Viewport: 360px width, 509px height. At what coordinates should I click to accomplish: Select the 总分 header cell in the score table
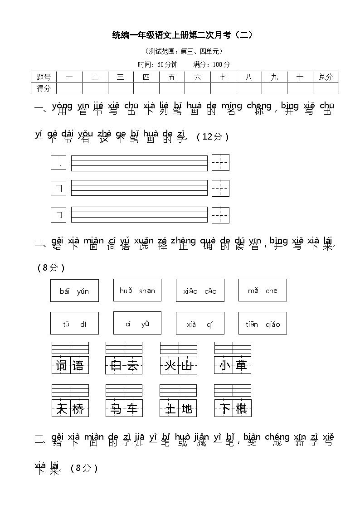[325, 77]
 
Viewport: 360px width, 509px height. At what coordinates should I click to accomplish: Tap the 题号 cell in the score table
[44, 77]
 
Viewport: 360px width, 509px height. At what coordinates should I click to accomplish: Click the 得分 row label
[44, 88]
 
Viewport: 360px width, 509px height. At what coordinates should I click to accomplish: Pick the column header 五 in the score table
[171, 77]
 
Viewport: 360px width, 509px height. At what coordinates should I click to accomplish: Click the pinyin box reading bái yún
[74, 291]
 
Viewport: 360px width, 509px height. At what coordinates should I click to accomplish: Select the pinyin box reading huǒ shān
[137, 290]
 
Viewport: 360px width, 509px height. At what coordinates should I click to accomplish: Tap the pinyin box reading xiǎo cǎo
[200, 291]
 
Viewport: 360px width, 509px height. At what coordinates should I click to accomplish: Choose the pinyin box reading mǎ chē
[263, 290]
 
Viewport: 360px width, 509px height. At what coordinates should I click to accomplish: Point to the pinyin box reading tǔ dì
[74, 323]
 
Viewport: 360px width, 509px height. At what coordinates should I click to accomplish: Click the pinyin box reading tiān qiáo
[263, 323]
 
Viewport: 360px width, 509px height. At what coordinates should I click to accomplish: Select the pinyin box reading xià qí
[200, 323]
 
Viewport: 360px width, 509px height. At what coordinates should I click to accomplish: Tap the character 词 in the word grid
[61, 365]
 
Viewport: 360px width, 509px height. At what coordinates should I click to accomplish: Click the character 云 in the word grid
[133, 365]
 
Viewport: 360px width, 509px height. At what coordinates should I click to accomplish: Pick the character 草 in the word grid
[241, 365]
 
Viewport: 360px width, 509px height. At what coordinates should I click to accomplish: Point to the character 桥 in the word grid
[78, 409]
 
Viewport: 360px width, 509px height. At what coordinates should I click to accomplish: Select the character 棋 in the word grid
[241, 409]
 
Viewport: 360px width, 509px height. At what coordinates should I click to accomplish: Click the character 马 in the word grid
[115, 409]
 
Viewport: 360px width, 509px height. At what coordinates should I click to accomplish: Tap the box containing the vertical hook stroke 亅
[58, 162]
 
